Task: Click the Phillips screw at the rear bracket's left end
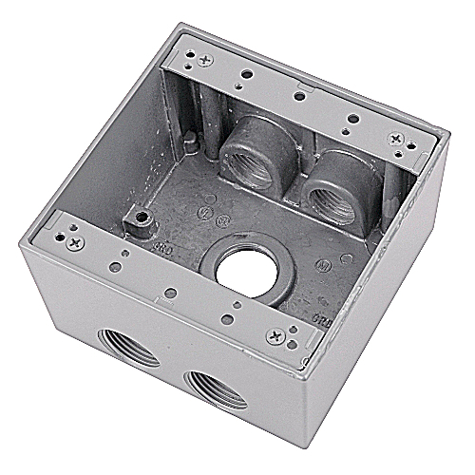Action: pos(205,59)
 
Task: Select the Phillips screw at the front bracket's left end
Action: pos(73,242)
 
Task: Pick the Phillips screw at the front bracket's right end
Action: pos(275,335)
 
